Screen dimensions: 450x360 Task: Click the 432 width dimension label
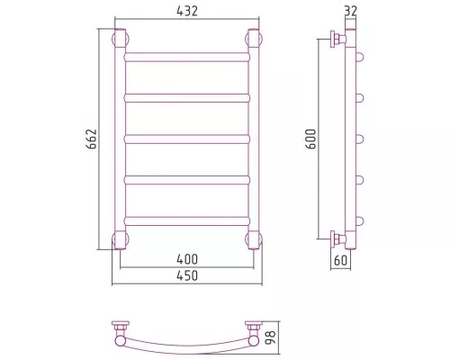(x=187, y=11)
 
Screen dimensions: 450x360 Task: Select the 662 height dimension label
(x=92, y=139)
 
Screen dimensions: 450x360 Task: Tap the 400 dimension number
(x=187, y=259)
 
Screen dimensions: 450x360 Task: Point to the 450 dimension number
(x=187, y=275)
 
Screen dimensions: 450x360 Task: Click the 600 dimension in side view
(x=310, y=139)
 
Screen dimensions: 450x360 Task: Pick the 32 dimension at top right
(x=351, y=11)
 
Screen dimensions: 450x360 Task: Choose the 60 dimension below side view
(x=340, y=260)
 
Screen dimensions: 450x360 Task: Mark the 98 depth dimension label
(x=271, y=337)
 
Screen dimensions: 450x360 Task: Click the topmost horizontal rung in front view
(x=187, y=57)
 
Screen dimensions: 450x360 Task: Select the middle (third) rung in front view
(x=187, y=139)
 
